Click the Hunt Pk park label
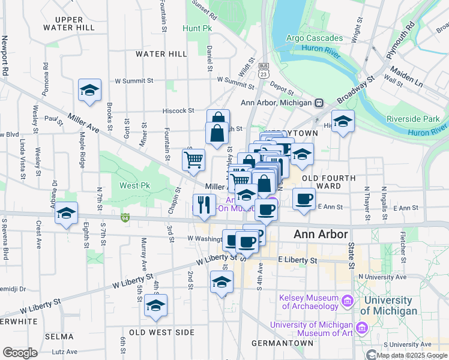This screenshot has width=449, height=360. pyautogui.click(x=198, y=28)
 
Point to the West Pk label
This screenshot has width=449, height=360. pyautogui.click(x=134, y=185)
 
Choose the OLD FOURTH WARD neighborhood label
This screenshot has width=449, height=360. pyautogui.click(x=328, y=182)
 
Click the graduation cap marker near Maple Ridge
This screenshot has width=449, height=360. pyautogui.click(x=89, y=90)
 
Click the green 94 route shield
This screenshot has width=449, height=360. pyautogui.click(x=125, y=217)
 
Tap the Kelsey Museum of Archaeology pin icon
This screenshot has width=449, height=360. pyautogui.click(x=347, y=300)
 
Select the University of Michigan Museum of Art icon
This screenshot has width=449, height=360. pyautogui.click(x=361, y=328)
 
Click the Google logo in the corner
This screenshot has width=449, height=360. pyautogui.click(x=20, y=352)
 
